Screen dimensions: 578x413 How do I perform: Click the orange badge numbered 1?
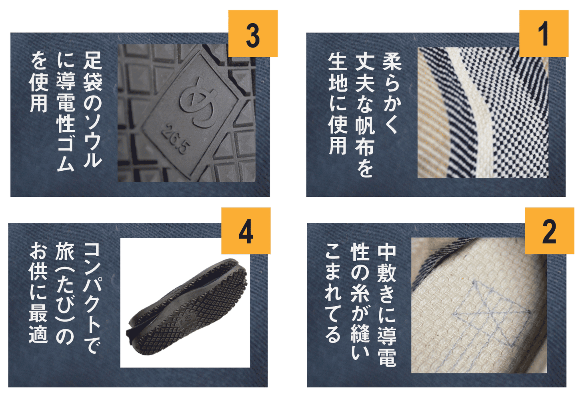[544, 34]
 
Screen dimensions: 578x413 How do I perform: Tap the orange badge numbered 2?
[549, 231]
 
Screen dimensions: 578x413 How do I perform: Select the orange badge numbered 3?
[253, 34]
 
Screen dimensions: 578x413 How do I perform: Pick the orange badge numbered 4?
[246, 231]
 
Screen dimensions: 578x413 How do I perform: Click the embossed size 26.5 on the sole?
[176, 139]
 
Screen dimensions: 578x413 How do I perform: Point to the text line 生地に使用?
[338, 104]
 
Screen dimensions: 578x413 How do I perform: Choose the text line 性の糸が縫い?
[360, 301]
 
